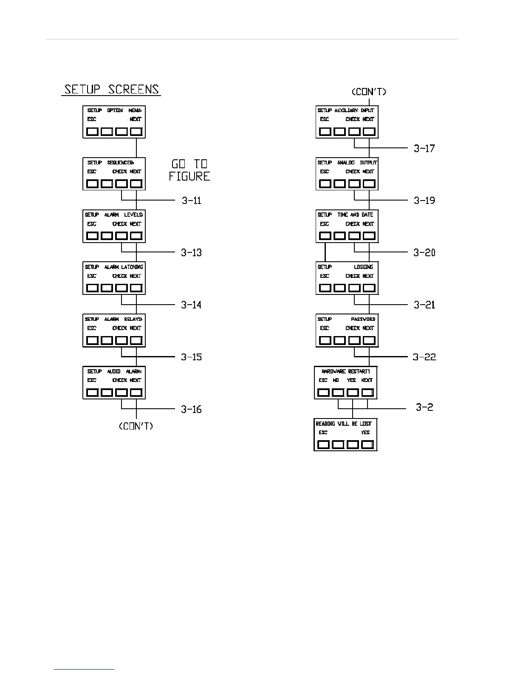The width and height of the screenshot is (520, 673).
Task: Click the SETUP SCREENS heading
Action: click(x=111, y=90)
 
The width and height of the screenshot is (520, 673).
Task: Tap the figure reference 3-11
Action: click(x=192, y=201)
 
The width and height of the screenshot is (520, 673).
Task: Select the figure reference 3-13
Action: click(x=191, y=253)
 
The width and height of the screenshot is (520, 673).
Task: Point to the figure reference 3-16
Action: click(x=191, y=410)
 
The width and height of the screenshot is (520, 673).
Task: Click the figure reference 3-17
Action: click(x=424, y=148)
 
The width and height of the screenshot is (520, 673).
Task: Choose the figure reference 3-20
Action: click(x=424, y=253)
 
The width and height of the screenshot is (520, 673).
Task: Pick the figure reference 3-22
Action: click(x=424, y=357)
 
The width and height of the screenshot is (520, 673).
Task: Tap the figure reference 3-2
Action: click(x=424, y=407)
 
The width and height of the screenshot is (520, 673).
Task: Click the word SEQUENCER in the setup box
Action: click(x=120, y=163)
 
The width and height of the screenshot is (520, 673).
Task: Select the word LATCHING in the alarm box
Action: click(x=132, y=267)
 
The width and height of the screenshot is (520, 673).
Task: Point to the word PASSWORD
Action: click(x=363, y=319)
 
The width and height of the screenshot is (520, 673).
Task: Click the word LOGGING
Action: click(x=364, y=267)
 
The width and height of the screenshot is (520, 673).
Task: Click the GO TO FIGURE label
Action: click(x=189, y=170)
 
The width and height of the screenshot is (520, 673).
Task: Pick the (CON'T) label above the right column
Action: click(x=369, y=92)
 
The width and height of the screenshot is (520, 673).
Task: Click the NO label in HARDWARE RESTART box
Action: click(x=336, y=380)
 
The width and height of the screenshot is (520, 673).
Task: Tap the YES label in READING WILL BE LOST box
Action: click(x=365, y=433)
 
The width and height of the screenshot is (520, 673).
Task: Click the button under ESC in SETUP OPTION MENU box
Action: click(x=92, y=132)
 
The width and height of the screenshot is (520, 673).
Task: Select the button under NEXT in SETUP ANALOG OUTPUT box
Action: click(x=369, y=184)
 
